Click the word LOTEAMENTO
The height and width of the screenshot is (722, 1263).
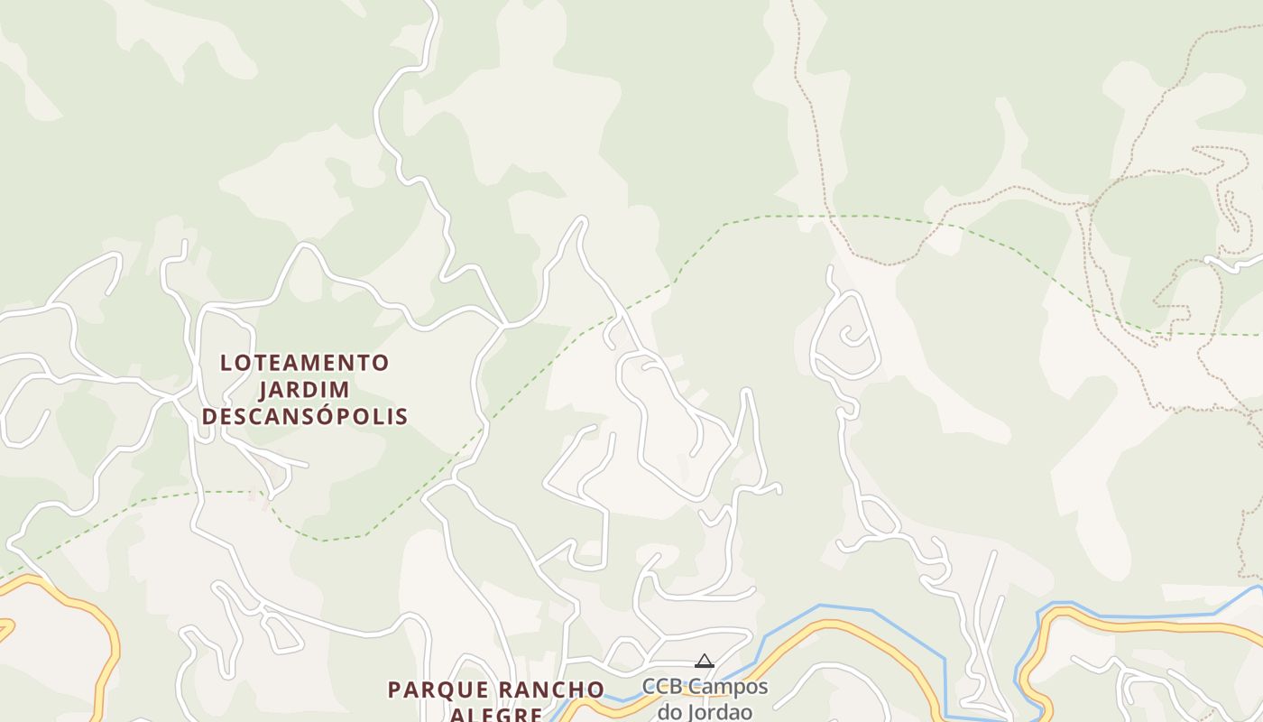click(x=305, y=363)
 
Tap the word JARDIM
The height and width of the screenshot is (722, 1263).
click(x=305, y=390)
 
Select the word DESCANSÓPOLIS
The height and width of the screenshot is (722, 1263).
click(x=305, y=416)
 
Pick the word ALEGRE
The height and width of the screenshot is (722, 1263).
click(x=495, y=715)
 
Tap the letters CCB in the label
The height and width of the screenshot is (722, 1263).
click(x=663, y=687)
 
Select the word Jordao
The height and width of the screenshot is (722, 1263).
click(x=719, y=711)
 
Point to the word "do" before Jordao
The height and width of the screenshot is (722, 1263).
click(x=669, y=711)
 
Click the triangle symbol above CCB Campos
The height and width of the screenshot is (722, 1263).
click(x=705, y=662)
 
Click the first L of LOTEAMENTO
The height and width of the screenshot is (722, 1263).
click(x=226, y=363)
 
